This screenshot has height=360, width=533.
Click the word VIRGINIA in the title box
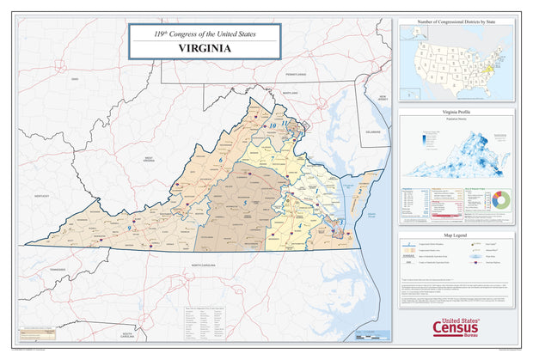tap(205, 48)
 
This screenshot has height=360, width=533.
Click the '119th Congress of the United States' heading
tap(205, 34)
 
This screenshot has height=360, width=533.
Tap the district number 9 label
tap(129, 228)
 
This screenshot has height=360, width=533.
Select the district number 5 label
tap(245, 203)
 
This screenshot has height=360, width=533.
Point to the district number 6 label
tap(221, 160)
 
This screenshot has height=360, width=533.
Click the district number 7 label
tap(273, 158)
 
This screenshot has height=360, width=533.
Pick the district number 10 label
tap(273, 125)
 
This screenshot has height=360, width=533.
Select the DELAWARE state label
tap(371, 132)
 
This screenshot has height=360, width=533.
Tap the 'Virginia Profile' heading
tap(456, 113)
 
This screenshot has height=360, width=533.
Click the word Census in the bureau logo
tap(455, 328)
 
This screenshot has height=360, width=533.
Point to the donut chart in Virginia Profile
tap(500, 199)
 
